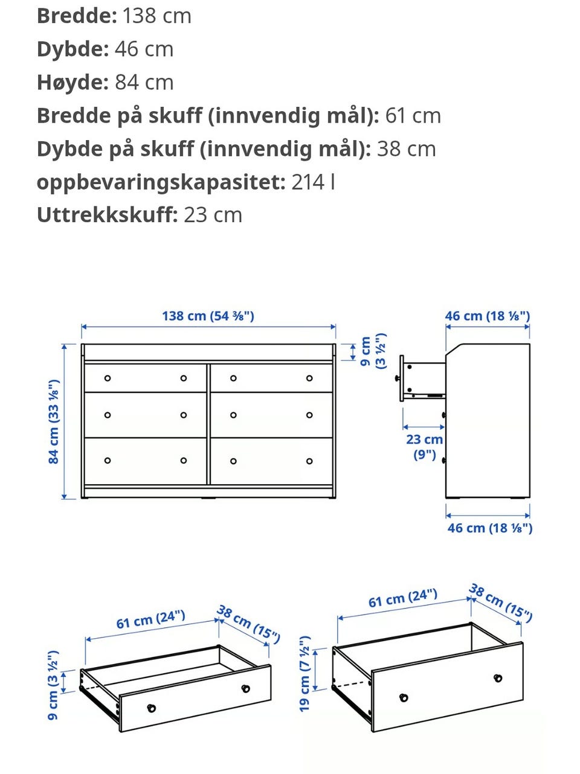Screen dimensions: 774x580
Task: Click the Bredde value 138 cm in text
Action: click(156, 16)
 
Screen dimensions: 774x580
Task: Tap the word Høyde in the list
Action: click(72, 82)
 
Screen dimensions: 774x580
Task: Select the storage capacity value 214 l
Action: click(313, 182)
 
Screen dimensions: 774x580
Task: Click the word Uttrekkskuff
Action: click(106, 215)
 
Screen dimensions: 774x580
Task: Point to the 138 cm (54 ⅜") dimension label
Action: click(208, 316)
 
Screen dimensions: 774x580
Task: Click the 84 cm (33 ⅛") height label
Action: click(54, 421)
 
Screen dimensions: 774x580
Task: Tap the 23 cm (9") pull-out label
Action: click(424, 446)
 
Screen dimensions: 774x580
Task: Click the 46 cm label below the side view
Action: click(489, 528)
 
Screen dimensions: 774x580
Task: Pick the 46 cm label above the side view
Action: click(487, 316)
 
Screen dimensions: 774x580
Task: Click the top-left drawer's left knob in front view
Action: click(108, 379)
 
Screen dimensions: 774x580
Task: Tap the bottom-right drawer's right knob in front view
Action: click(309, 461)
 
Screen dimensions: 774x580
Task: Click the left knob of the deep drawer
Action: click(404, 698)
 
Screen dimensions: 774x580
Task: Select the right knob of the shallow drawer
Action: click(246, 688)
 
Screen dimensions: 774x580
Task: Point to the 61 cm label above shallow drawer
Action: click(150, 619)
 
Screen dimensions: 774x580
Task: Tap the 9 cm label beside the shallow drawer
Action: click(54, 685)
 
